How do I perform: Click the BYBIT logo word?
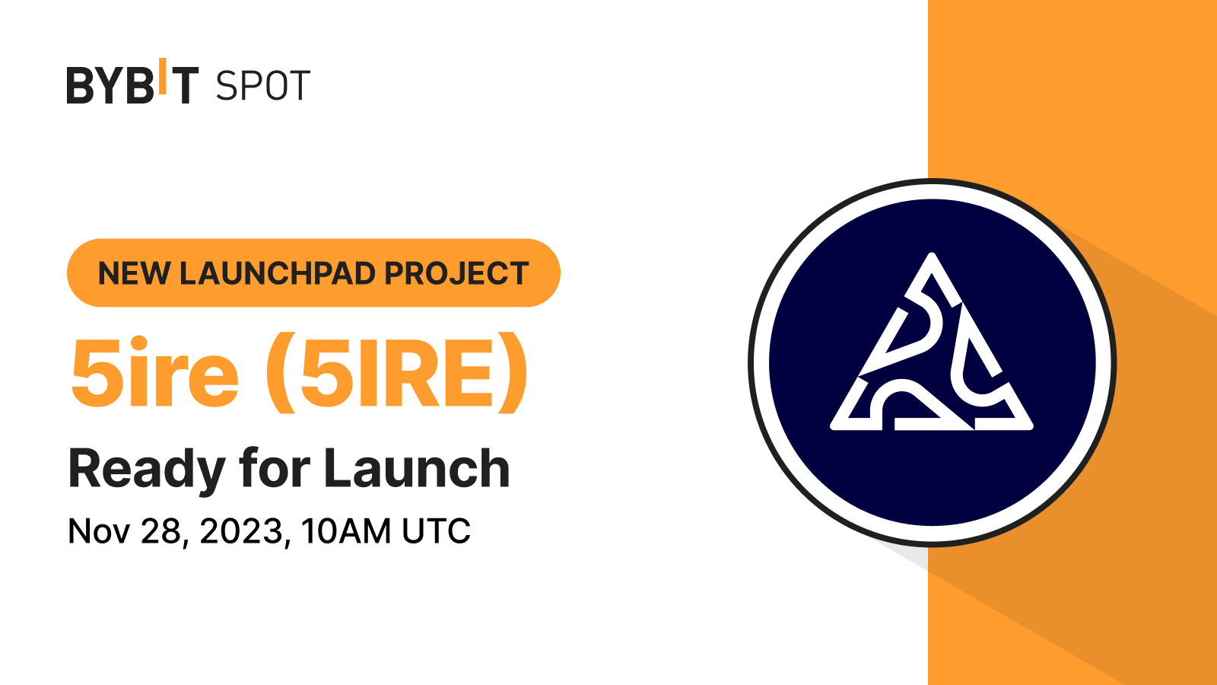132,85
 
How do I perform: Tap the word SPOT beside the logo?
262,86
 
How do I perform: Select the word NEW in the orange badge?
134,273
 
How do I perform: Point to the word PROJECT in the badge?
456,273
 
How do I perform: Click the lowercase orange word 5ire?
155,372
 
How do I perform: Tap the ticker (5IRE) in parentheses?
396,372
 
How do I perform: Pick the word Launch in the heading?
417,468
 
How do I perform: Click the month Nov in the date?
99,531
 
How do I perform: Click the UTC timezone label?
436,531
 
